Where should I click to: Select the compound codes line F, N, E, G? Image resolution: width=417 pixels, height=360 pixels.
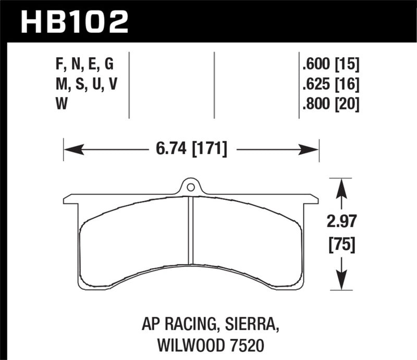point(83,64)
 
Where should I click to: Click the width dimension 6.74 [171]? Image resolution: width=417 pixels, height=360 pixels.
point(191,150)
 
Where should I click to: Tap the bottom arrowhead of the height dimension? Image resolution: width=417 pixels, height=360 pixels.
point(340,281)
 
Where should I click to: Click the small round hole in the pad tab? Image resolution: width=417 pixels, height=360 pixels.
point(191,187)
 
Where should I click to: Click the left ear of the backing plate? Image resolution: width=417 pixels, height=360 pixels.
point(70,199)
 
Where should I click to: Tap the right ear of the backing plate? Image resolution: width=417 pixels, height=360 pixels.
point(311,198)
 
